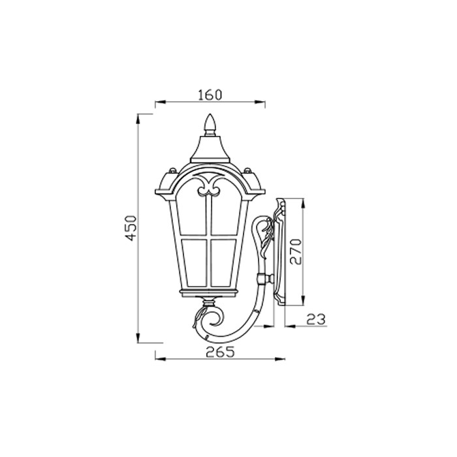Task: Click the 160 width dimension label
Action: click(x=210, y=95)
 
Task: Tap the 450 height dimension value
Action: click(x=131, y=228)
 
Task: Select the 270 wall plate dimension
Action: click(x=296, y=251)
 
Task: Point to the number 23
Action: click(x=316, y=319)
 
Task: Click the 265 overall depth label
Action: click(x=220, y=352)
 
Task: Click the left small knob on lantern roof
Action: click(x=172, y=170)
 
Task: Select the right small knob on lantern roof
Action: click(x=247, y=170)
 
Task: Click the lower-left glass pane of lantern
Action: click(x=195, y=262)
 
